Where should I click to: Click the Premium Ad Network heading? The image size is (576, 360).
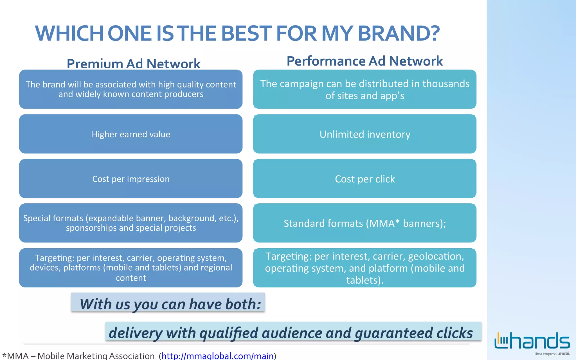pos(133,63)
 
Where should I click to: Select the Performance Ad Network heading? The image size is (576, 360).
pos(364,61)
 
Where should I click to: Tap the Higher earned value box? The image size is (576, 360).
pos(131,134)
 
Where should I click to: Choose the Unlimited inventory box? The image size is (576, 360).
pos(365,134)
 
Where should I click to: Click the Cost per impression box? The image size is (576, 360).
pos(131,179)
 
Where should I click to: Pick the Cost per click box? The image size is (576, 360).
pos(365,179)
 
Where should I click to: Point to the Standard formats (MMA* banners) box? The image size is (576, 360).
pos(365,223)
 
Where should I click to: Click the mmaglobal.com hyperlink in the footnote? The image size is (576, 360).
pos(217,356)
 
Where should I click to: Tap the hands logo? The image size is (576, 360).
pos(532,341)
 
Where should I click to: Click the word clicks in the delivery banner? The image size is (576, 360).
pos(454,333)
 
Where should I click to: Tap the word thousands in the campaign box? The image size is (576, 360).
pos(446,84)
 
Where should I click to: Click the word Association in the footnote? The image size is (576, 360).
pos(132,356)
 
